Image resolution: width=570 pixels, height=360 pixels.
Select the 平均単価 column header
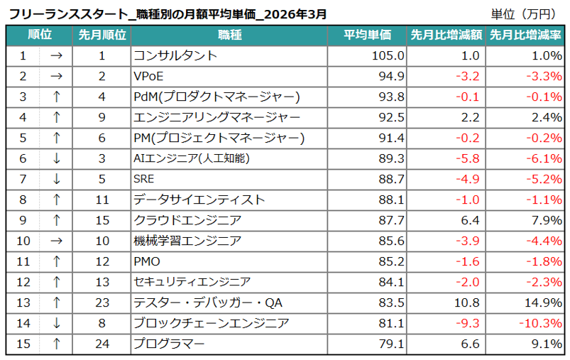[368, 35]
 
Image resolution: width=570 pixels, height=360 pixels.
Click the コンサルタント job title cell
[175, 55]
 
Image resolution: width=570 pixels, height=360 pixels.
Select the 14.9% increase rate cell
[542, 302]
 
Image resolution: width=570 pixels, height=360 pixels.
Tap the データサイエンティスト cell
[199, 200]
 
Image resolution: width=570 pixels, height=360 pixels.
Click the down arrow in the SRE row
[57, 179]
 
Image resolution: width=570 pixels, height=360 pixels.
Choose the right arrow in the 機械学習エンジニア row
[57, 241]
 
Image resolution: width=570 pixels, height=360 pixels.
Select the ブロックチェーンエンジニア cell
[212, 323]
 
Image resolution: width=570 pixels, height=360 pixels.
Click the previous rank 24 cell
[102, 344]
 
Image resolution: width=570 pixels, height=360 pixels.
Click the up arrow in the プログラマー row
[57, 344]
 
